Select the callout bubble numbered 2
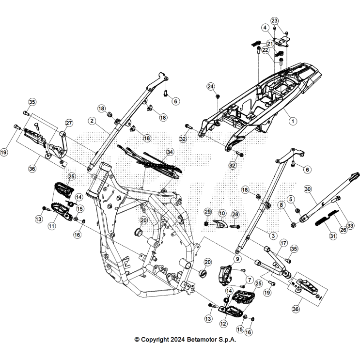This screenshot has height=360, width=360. pos(92,120)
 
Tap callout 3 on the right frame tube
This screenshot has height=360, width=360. pos(273,235)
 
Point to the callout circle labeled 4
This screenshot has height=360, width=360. pos(265,28)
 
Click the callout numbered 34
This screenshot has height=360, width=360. pos(170,152)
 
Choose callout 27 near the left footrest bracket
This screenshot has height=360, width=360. pos(69,123)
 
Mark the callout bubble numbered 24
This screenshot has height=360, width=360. pos(210,86)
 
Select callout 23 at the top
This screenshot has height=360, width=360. pos(275,21)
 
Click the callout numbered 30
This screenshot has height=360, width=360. pos(307,188)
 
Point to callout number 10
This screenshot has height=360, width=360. pos(222,213)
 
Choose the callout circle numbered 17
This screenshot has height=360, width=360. pos(283,243)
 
